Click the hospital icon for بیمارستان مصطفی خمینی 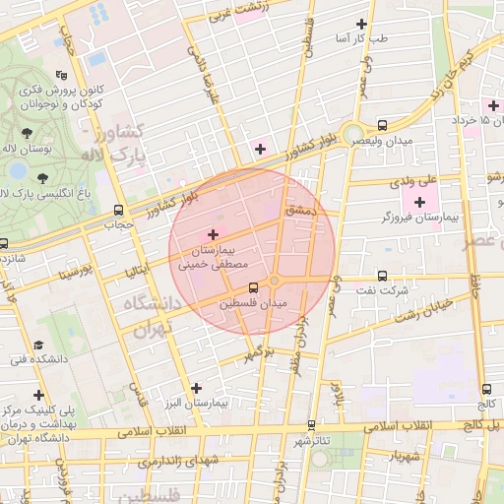point(213,233)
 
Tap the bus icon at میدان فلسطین point(254,287)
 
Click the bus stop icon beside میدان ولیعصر point(382,125)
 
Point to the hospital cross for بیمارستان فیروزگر point(420,202)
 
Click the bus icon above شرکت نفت point(382,277)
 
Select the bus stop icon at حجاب point(119,210)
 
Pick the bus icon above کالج point(486,389)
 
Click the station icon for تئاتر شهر point(311,425)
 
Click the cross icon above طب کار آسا point(361,23)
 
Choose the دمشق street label point(298,210)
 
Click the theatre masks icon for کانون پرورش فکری point(61,75)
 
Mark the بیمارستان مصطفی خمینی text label point(208,258)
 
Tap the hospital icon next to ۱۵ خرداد point(492,104)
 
